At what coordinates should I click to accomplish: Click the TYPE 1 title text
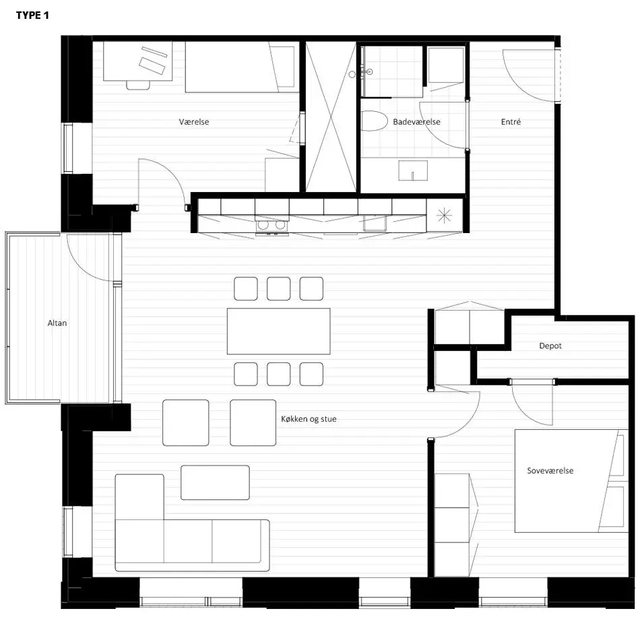pos(32,15)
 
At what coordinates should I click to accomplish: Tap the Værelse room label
pos(194,122)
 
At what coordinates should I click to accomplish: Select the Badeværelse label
pos(416,122)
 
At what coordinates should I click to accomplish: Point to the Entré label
pos(511,122)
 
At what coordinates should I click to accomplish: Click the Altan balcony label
pos(57,323)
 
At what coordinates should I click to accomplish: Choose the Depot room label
pos(550,346)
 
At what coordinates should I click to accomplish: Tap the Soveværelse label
pos(550,470)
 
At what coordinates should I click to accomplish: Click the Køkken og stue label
pos(309,419)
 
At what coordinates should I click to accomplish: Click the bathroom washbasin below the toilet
pos(413,170)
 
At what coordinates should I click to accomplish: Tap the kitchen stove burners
pos(271,225)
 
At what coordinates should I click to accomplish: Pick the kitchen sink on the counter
pos(375,223)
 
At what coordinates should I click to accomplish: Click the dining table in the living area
pos(279,331)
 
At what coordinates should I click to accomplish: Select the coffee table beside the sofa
pos(215,482)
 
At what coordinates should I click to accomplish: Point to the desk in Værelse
pos(138,61)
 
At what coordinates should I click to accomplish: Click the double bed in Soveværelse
pos(571,481)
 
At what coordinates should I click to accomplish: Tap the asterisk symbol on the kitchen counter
pos(444,215)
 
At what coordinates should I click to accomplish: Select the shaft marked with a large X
pos(331,117)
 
